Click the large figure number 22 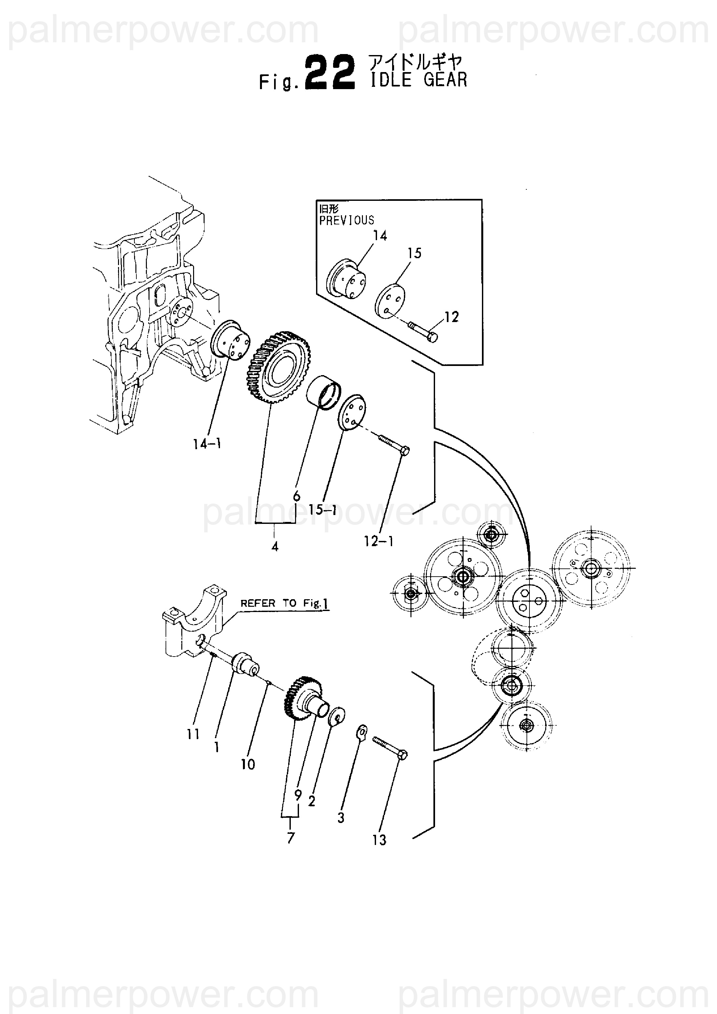(x=330, y=73)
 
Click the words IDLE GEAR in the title (x=419, y=80)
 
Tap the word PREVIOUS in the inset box (x=347, y=220)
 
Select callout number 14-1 (x=207, y=444)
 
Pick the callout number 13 (x=379, y=840)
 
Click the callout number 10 (x=248, y=764)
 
